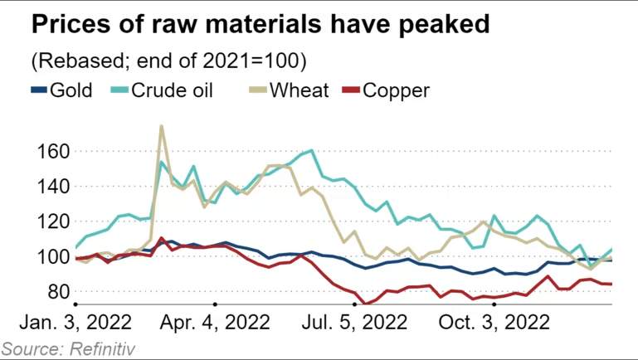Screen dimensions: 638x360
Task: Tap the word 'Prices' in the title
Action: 71,23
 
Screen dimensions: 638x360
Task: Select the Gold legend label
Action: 71,90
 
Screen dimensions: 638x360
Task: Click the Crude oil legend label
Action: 172,90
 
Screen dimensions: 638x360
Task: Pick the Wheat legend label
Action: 299,90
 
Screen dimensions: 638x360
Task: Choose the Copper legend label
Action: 396,90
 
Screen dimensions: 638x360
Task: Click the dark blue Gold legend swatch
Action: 40,90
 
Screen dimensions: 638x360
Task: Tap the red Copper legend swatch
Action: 351,90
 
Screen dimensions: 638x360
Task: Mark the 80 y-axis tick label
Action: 59,292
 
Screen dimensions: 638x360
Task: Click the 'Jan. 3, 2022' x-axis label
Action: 75,323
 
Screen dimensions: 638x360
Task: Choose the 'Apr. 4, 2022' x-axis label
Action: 215,323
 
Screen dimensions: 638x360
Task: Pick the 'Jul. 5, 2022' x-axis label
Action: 354,323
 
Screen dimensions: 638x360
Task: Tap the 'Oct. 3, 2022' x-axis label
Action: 494,323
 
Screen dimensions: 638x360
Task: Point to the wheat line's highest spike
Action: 162,126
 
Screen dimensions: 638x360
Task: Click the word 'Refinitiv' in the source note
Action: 102,349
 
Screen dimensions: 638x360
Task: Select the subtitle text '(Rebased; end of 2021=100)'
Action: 169,61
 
